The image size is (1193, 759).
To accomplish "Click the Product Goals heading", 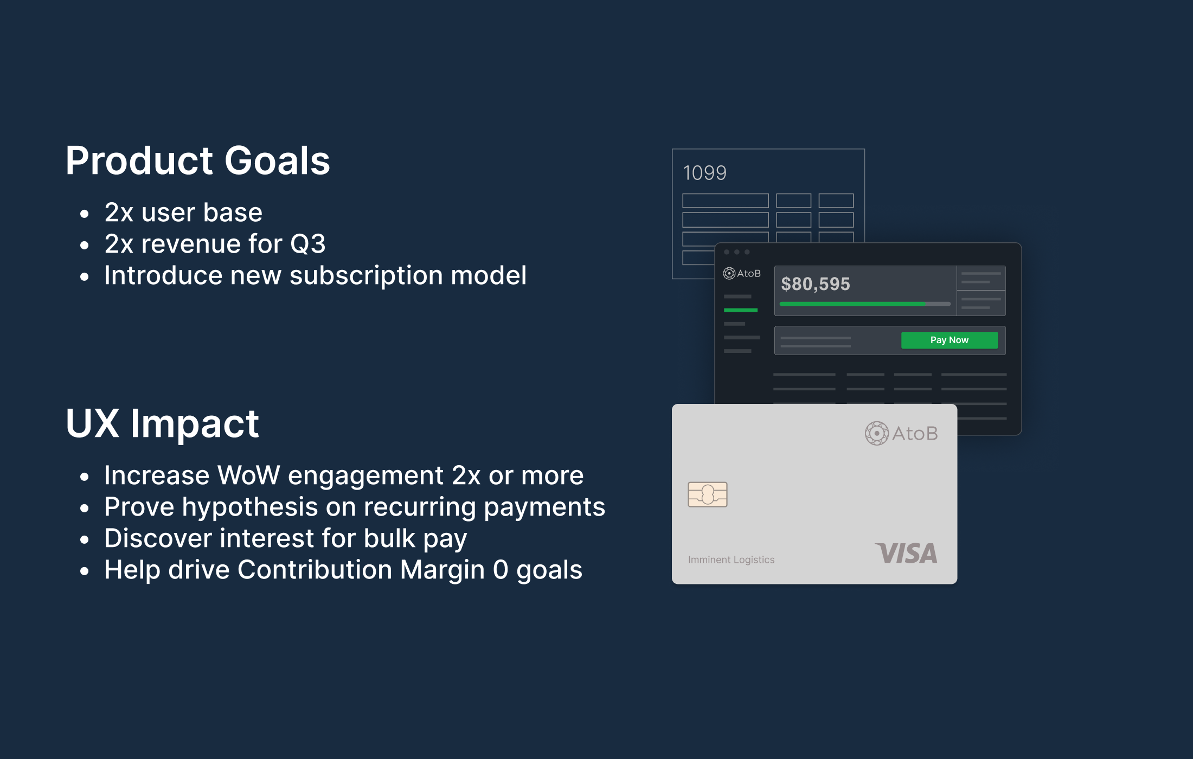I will click(x=197, y=161).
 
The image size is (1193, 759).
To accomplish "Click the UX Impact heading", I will click(x=162, y=423).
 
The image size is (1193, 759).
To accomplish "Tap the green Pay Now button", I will click(x=949, y=340).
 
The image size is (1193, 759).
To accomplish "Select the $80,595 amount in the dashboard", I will click(x=815, y=284).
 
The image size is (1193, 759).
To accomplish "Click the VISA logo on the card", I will click(x=906, y=554).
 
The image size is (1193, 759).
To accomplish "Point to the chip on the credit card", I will click(x=707, y=494).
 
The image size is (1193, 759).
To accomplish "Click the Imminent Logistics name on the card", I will click(x=731, y=559).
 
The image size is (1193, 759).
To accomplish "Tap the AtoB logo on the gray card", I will click(x=901, y=433).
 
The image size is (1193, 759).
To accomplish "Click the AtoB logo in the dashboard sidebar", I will click(x=742, y=273).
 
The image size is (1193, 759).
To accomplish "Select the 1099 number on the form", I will click(x=704, y=173).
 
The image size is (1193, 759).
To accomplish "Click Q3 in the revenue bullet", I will click(x=307, y=244).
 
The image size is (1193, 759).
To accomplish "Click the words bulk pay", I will click(x=415, y=539).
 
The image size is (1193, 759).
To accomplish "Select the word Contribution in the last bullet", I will click(x=315, y=570).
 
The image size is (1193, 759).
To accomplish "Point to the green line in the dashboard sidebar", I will click(x=740, y=310).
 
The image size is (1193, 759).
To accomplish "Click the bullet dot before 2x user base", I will click(x=84, y=214).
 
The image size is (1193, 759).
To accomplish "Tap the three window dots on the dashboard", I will click(x=736, y=252).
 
